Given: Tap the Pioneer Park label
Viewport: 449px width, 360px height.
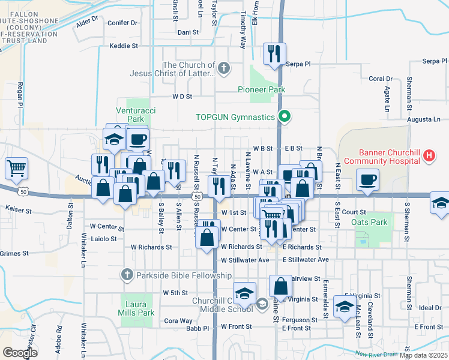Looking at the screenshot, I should coord(261,89).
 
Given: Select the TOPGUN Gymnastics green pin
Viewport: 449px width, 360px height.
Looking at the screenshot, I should coord(286,116).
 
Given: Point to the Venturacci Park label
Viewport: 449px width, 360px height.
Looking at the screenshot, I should coord(131,115).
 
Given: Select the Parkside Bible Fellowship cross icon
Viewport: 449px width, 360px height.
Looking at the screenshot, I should coord(126,275).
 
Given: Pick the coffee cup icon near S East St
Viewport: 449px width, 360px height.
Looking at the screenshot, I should coord(367,178).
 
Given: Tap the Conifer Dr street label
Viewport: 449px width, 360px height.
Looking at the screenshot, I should coord(122,23).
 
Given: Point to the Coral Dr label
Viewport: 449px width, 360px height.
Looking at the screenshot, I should coord(380,79).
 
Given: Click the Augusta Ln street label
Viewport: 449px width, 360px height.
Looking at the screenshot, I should coord(424,119).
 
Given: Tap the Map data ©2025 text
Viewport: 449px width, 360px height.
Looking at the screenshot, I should coord(423,355).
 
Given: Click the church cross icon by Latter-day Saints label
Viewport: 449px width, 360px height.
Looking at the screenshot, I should coord(224,68).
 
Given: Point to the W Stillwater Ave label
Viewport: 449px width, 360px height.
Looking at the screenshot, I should coord(245,260).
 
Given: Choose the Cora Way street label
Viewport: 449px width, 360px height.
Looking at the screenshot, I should coord(178,320).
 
